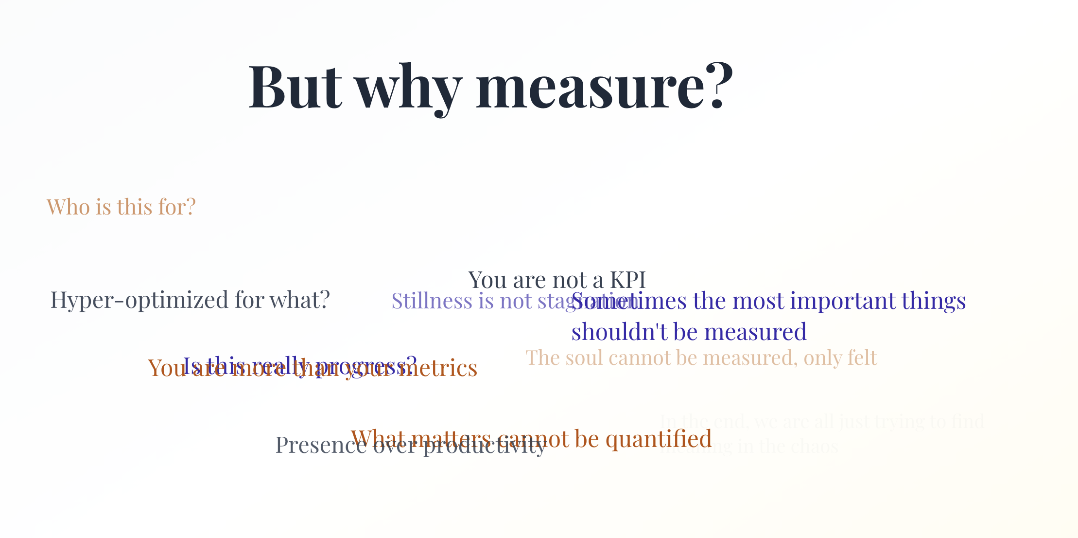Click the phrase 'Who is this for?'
pyautogui.click(x=121, y=207)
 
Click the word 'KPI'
pyautogui.click(x=627, y=280)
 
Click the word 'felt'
pyautogui.click(x=863, y=358)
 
